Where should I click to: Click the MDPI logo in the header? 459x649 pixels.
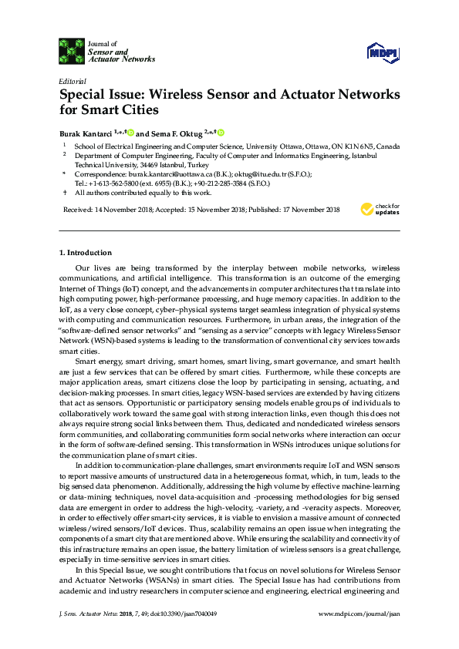383,52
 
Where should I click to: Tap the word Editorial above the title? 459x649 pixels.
73,81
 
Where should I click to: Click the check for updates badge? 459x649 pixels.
380,209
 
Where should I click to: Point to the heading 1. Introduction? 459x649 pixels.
86,252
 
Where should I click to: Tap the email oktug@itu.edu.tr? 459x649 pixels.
251,174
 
